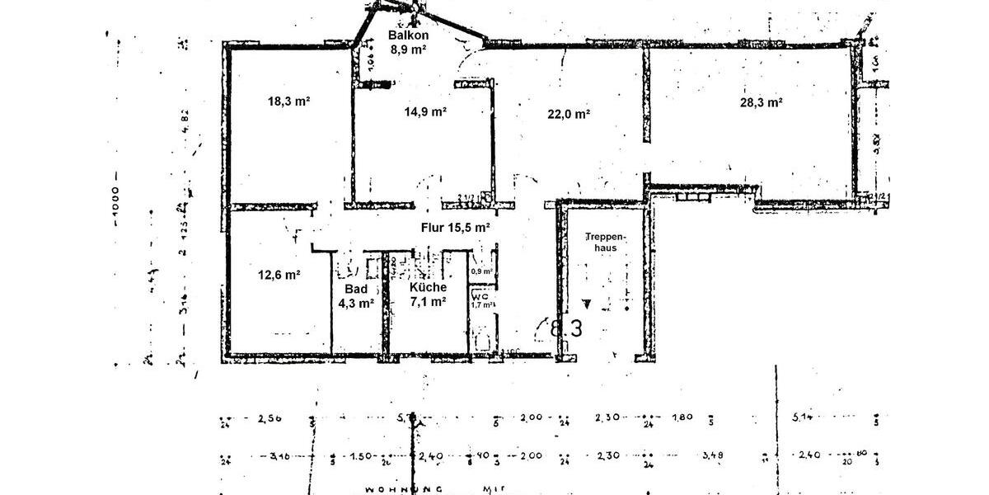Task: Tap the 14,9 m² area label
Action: click(x=425, y=111)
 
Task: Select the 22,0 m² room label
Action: click(x=569, y=114)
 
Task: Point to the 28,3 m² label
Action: click(x=761, y=102)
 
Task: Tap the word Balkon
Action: click(x=407, y=35)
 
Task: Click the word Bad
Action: click(x=355, y=289)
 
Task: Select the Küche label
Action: click(x=428, y=287)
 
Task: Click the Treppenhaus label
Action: click(x=607, y=241)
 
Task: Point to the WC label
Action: click(x=480, y=295)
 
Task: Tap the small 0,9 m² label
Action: click(x=482, y=271)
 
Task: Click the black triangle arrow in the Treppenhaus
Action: click(x=586, y=303)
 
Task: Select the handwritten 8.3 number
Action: click(x=566, y=328)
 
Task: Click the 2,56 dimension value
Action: click(x=270, y=419)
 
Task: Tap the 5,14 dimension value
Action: click(x=804, y=417)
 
